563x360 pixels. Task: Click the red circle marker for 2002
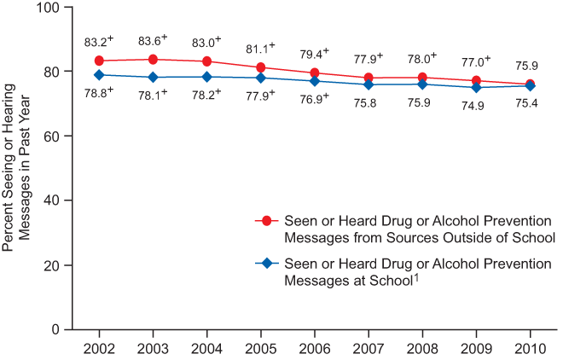pyautogui.click(x=99, y=61)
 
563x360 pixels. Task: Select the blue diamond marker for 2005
pyautogui.click(x=260, y=78)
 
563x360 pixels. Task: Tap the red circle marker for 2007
pyautogui.click(x=368, y=78)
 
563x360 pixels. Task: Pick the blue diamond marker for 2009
pyautogui.click(x=476, y=87)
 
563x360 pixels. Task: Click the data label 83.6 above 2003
pyautogui.click(x=150, y=41)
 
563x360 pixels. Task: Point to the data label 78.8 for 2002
pyautogui.click(x=96, y=92)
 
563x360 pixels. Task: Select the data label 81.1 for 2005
pyautogui.click(x=258, y=48)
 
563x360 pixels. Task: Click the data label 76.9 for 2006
pyautogui.click(x=311, y=98)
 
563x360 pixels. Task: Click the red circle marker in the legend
pyautogui.click(x=267, y=221)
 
